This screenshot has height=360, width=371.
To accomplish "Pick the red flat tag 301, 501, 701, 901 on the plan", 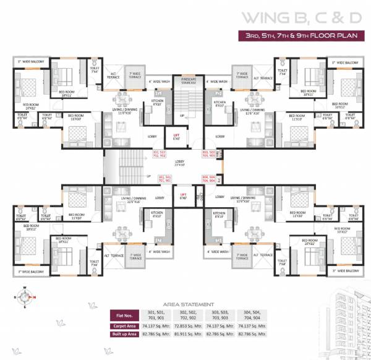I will [164, 179].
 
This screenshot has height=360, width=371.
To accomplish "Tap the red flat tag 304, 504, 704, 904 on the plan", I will [209, 179].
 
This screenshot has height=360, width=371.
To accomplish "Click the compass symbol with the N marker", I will [26, 299].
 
